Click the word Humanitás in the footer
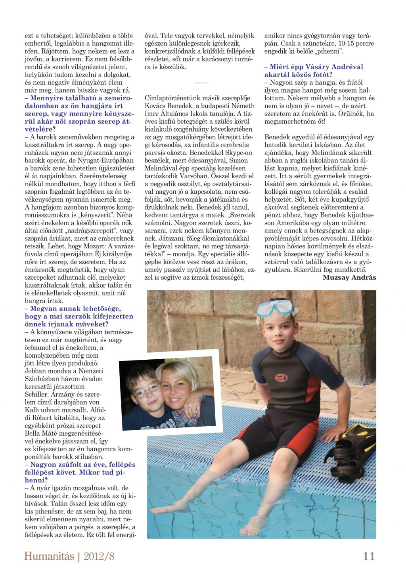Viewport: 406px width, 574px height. click(49, 556)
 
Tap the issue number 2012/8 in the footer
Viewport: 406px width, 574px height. click(99, 556)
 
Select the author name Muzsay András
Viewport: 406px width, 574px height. click(349, 277)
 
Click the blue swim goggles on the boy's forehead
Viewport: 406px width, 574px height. click(275, 308)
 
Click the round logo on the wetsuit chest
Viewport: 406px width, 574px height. click(281, 378)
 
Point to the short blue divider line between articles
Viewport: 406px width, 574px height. click(200, 83)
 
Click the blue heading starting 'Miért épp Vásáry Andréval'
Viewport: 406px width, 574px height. click(314, 71)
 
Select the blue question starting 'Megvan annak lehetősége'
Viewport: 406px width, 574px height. click(79, 316)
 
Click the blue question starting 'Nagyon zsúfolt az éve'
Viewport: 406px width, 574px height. click(80, 472)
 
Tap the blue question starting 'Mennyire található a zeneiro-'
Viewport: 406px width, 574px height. click(79, 113)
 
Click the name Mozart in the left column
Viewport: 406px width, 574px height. click(96, 246)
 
